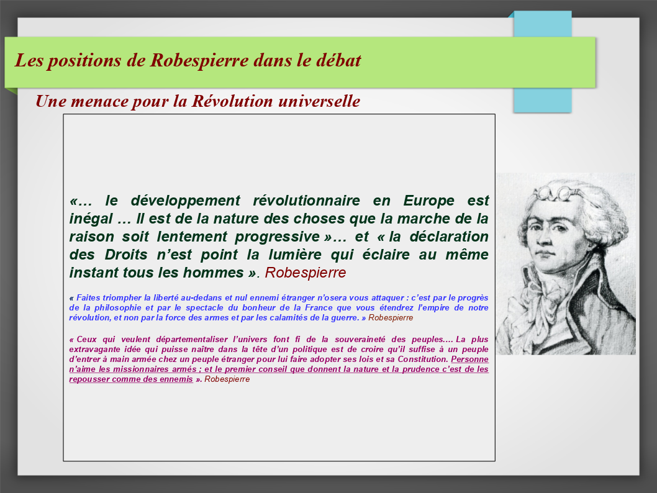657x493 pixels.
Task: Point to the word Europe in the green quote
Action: tap(428, 201)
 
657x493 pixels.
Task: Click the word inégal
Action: tap(91, 219)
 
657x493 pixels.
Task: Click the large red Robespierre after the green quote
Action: tap(306, 273)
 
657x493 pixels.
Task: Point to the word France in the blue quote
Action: tap(319, 308)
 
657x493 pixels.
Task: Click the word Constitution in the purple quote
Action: tap(423, 360)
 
